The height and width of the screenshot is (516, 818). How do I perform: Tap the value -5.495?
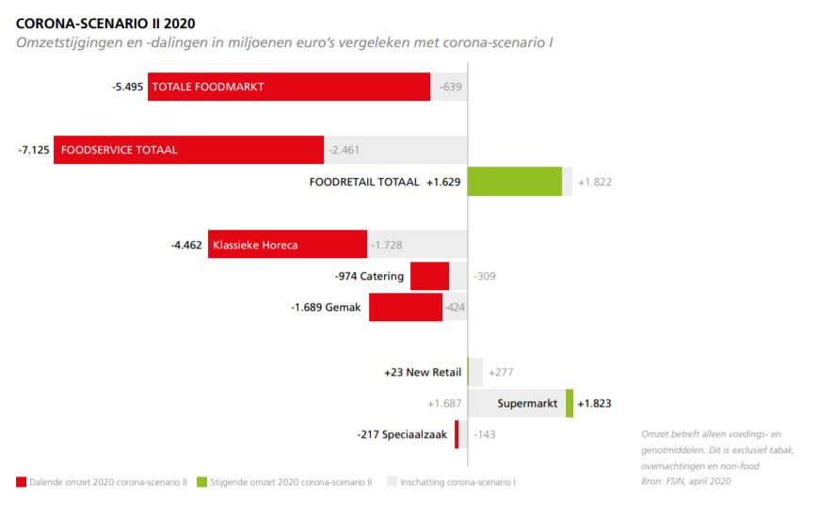[x=127, y=87]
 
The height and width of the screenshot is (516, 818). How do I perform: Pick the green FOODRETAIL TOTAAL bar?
[x=514, y=182]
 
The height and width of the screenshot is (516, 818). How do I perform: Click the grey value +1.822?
[x=595, y=182]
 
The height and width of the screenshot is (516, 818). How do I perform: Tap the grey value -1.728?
[x=388, y=245]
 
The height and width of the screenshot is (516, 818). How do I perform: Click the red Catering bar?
[x=429, y=277]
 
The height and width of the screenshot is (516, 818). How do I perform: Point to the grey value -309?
[x=485, y=277]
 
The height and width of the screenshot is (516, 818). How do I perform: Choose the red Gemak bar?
[x=405, y=308]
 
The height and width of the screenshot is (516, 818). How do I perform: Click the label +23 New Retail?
[x=423, y=372]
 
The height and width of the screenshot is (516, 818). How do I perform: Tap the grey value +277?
[x=501, y=372]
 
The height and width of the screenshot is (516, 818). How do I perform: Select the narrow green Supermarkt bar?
[x=569, y=404]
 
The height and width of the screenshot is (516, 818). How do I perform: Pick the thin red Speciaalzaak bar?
[x=457, y=434]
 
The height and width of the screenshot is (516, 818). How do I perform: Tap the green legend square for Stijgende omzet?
[x=201, y=482]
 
